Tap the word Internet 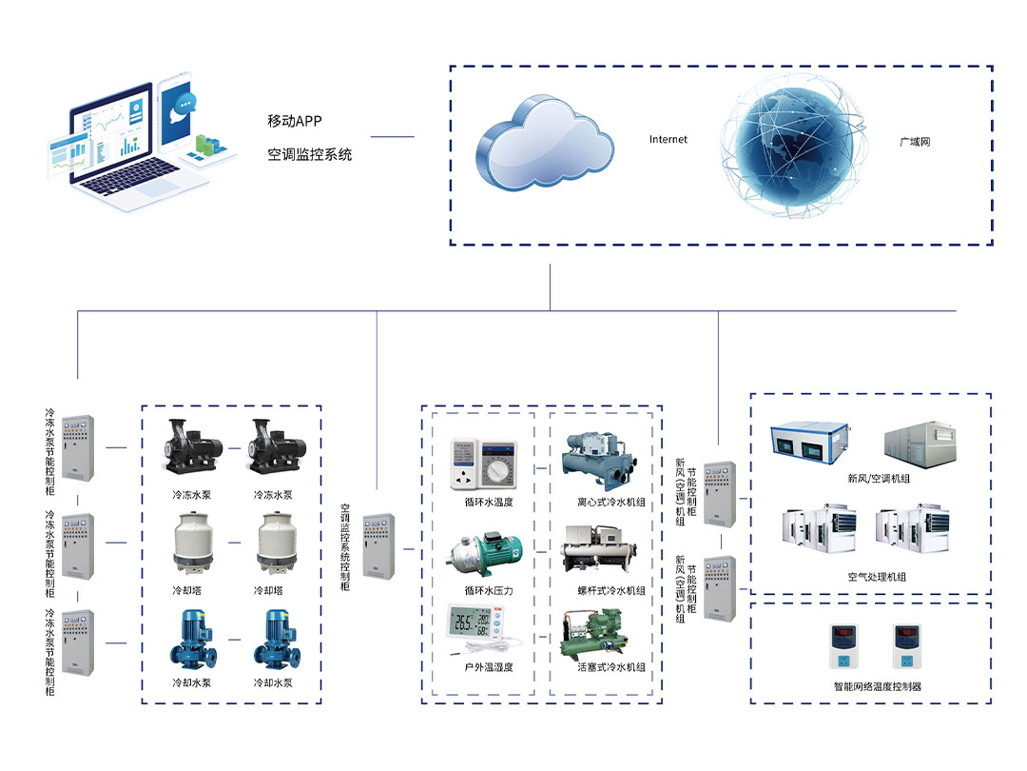pyautogui.click(x=668, y=140)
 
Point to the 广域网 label pyautogui.click(x=915, y=141)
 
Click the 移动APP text pyautogui.click(x=296, y=121)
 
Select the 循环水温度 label pyautogui.click(x=489, y=503)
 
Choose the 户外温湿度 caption pyautogui.click(x=489, y=667)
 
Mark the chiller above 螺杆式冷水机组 pyautogui.click(x=601, y=549)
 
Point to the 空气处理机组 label pyautogui.click(x=877, y=577)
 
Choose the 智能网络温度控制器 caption pyautogui.click(x=877, y=686)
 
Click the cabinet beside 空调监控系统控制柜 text pyautogui.click(x=378, y=546)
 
